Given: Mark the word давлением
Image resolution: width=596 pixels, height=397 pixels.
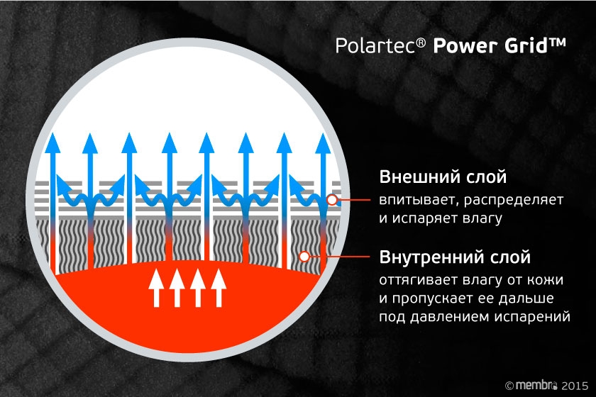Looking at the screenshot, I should (x=454, y=316).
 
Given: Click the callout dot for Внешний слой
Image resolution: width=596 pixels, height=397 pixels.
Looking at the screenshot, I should (x=332, y=200).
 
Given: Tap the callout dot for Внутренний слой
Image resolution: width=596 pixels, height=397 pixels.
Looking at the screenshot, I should (x=304, y=256).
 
